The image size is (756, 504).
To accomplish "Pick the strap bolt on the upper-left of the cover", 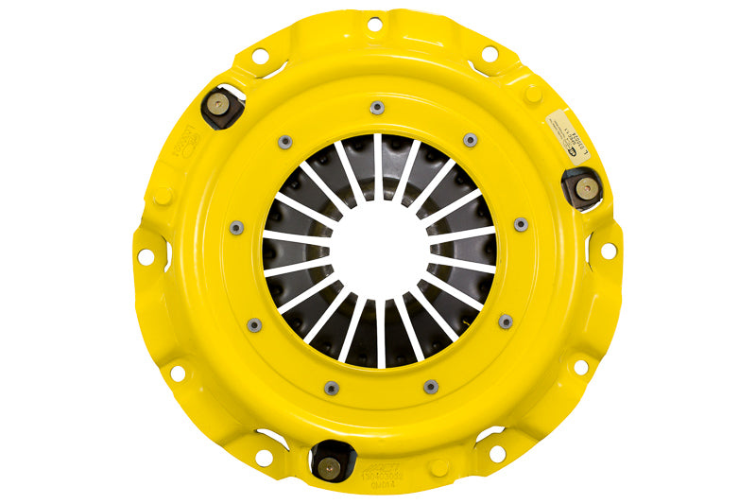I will (x=219, y=105).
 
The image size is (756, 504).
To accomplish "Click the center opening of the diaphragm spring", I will (x=378, y=251).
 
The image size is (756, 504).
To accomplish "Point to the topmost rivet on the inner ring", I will (x=377, y=107).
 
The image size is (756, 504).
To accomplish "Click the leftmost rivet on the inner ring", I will (x=235, y=227).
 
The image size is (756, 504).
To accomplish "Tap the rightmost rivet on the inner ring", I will (x=521, y=225).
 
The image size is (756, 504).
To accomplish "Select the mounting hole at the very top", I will (x=374, y=23).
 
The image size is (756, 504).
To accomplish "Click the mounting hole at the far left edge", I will (x=146, y=256).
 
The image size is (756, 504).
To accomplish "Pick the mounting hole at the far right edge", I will (x=609, y=250).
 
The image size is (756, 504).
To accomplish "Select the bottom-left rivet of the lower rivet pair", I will (x=332, y=388).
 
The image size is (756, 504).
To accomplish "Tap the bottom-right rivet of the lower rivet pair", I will (x=431, y=386).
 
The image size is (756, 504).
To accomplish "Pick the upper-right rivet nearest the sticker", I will (x=471, y=141).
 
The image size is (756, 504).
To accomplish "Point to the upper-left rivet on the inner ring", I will (x=284, y=142).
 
